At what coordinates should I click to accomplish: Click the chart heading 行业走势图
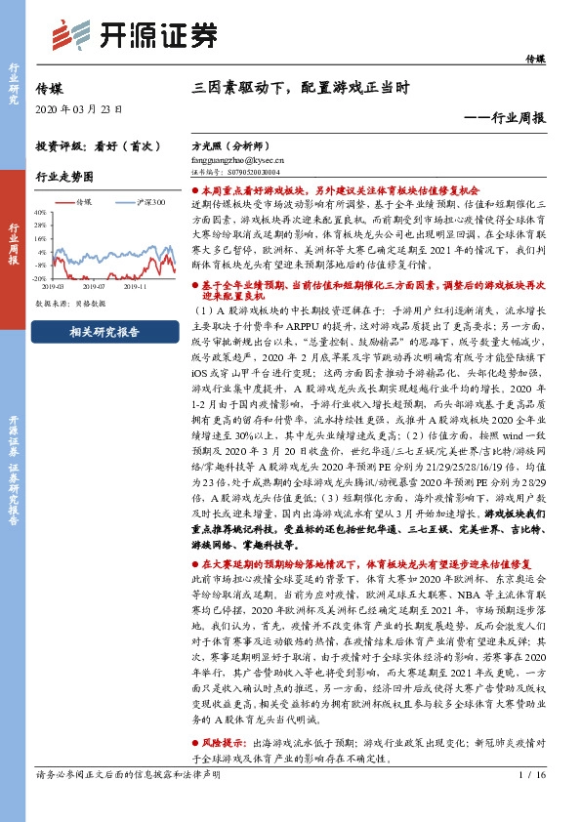coord(64,177)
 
